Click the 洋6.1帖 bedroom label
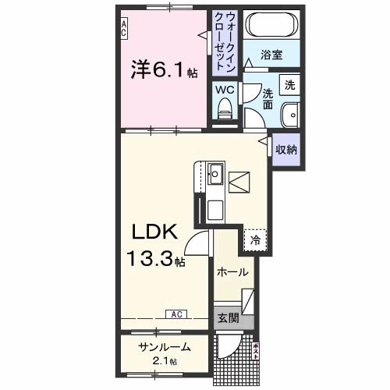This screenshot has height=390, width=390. [x=164, y=70]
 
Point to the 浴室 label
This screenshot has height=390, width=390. [x=271, y=55]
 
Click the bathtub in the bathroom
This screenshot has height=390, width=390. [x=272, y=27]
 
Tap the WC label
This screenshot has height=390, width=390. [x=225, y=89]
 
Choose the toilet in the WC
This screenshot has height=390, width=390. [x=225, y=112]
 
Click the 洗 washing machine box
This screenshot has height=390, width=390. [x=289, y=84]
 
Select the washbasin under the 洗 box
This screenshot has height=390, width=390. [x=290, y=113]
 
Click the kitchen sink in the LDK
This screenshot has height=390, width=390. [x=215, y=174]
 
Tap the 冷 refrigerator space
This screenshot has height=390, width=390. [x=254, y=240]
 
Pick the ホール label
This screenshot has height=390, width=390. [x=232, y=272]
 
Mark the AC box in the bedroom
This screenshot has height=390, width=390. [x=124, y=29]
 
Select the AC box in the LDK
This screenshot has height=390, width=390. [x=176, y=314]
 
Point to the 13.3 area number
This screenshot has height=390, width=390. [x=151, y=260]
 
